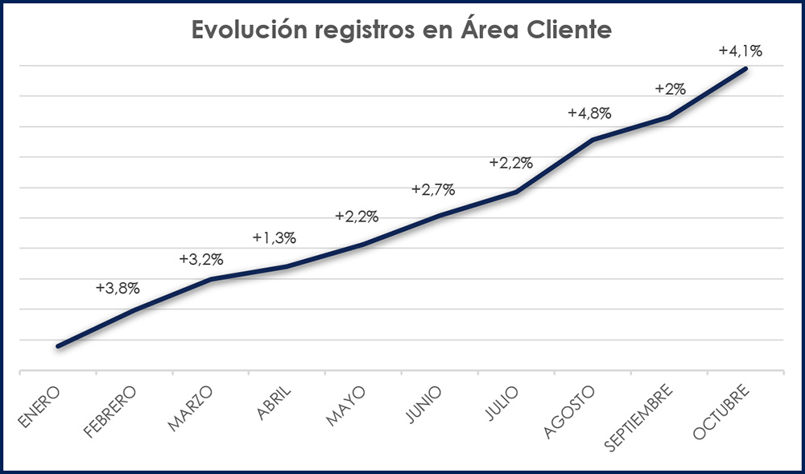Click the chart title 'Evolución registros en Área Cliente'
tap(402, 31)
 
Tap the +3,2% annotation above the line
tap(201, 259)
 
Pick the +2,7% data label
tap(433, 190)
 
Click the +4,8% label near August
tap(589, 113)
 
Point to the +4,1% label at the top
tap(740, 51)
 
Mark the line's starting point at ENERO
tap(58, 346)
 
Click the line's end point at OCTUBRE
tap(746, 68)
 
